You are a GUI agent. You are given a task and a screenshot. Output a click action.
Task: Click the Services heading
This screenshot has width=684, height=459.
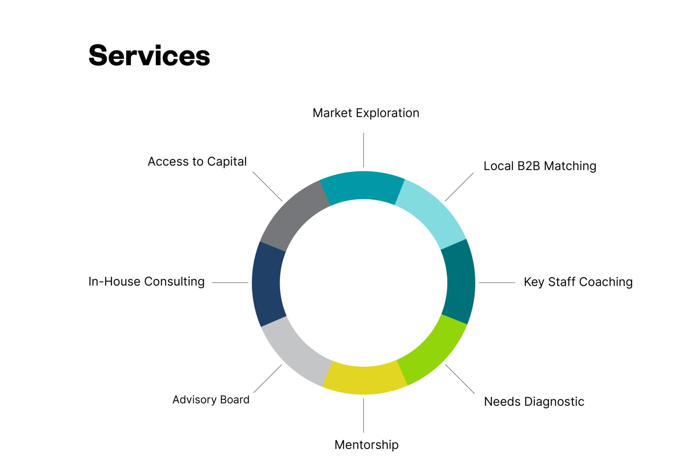[x=149, y=56]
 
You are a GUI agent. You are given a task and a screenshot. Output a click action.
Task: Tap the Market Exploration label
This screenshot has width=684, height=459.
[x=366, y=113]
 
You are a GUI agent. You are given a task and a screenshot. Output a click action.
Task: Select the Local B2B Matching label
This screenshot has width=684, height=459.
[x=540, y=166]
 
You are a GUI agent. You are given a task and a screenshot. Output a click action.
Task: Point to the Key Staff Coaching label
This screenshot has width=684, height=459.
[x=578, y=282]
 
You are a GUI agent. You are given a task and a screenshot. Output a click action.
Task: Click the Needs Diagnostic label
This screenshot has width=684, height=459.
[x=534, y=401]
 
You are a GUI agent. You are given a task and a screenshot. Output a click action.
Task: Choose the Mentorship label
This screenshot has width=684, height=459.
[x=366, y=445]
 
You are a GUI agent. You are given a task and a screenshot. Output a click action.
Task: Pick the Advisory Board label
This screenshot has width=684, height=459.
[x=211, y=399]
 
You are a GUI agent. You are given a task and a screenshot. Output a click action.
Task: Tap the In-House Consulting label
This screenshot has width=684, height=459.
[x=146, y=281]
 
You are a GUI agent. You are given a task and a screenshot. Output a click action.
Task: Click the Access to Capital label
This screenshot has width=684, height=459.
[x=197, y=161]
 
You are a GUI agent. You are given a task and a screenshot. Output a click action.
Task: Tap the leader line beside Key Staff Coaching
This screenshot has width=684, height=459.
[x=497, y=283]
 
